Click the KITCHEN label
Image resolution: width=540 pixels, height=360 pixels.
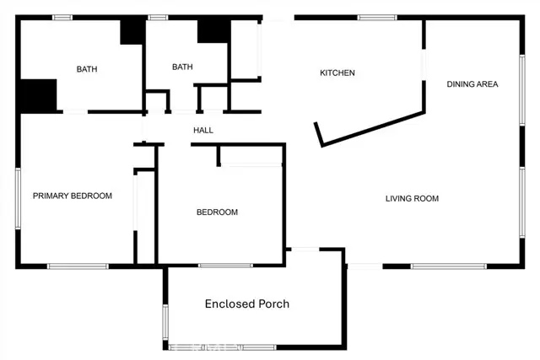coord(337,73)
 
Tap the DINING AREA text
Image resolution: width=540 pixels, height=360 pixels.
coord(472,84)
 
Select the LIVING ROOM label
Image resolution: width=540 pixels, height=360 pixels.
coord(412,199)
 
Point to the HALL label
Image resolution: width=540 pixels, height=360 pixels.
coord(203,131)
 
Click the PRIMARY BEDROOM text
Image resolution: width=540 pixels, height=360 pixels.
coord(73,196)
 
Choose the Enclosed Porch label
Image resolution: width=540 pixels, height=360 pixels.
coord(247,304)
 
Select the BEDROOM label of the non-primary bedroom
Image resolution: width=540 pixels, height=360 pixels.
coord(217,212)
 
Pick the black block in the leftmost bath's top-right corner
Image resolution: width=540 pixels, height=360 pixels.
coord(132,31)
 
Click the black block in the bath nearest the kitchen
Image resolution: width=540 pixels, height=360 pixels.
coord(213,30)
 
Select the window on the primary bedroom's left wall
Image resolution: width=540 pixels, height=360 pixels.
coord(18,198)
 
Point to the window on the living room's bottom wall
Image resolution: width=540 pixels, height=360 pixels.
coord(448,266)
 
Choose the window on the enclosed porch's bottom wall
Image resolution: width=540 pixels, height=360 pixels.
coord(206,347)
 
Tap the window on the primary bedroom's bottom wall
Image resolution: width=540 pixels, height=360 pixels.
coord(77,266)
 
